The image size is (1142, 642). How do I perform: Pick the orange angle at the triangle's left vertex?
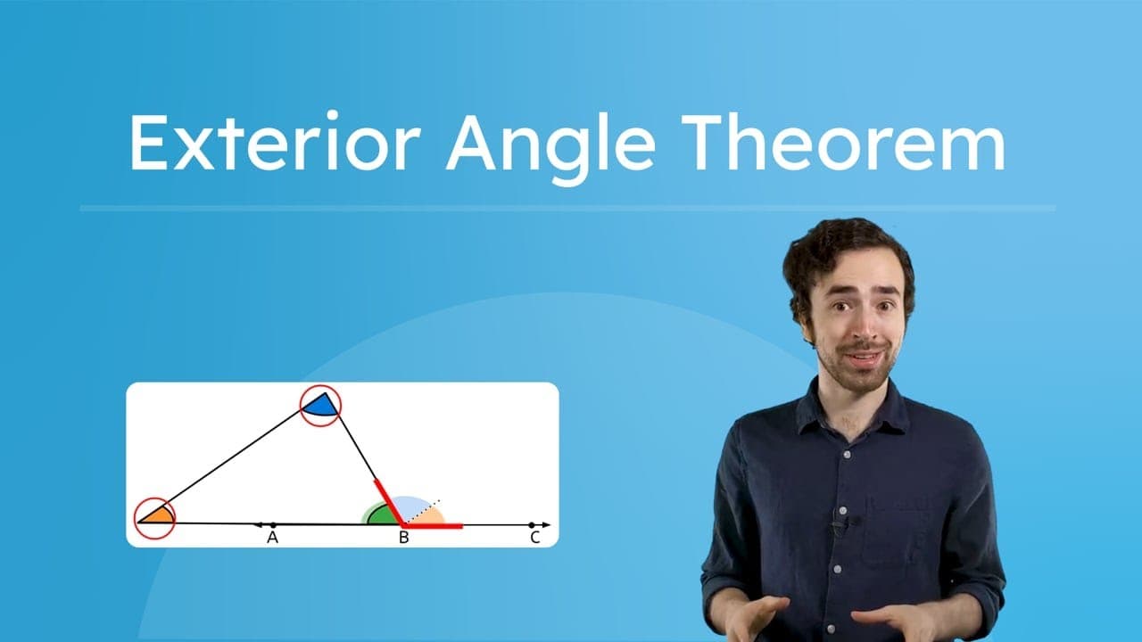tap(156, 515)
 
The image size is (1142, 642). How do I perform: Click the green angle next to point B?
tap(382, 515)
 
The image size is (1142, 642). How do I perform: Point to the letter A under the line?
tap(272, 538)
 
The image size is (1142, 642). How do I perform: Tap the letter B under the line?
tap(403, 538)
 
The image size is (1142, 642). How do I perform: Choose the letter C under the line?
tap(534, 538)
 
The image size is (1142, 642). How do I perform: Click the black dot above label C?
tap(532, 524)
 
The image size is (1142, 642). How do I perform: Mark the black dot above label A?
tap(273, 524)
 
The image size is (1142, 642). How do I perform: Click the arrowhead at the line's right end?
tap(546, 524)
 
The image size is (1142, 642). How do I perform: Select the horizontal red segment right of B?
tap(434, 525)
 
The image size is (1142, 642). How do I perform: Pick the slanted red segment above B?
tap(389, 501)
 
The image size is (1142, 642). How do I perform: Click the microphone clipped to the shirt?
tap(839, 523)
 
